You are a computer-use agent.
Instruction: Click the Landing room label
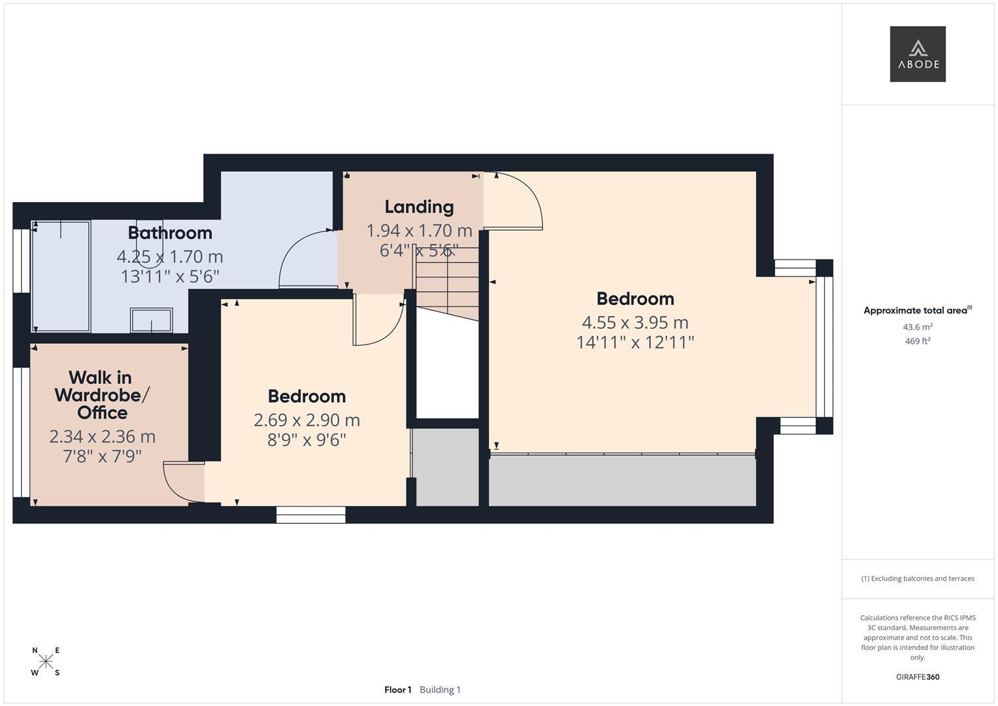pos(419,207)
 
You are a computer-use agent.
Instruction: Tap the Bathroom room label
pos(170,233)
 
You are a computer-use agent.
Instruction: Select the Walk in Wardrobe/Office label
pos(102,395)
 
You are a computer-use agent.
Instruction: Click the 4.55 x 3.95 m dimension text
pos(635,322)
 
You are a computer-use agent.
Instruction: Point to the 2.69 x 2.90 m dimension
pos(307,420)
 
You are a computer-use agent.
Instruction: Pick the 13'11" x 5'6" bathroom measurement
pos(170,277)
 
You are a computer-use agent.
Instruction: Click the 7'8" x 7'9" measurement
pos(102,456)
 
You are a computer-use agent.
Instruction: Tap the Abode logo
pos(918,54)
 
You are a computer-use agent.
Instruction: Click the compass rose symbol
pos(46,661)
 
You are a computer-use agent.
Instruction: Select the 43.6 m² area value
pos(918,327)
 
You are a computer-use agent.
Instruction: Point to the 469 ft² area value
pos(918,341)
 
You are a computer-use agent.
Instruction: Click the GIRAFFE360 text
pos(918,677)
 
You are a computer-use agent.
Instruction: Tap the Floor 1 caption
pos(398,690)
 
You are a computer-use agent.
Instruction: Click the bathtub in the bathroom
pos(61,277)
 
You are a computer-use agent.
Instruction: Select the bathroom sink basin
pos(152,320)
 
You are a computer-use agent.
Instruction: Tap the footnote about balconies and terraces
pos(918,579)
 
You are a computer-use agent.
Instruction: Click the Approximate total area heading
pos(918,311)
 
